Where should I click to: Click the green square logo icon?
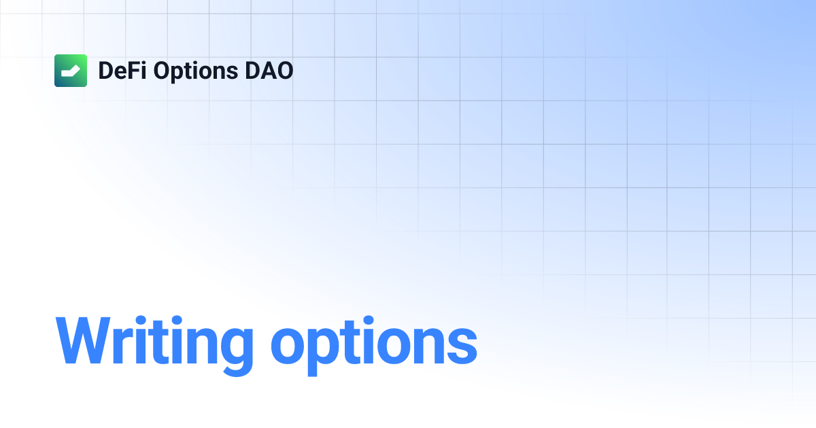click(x=71, y=71)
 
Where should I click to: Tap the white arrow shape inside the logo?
click(x=71, y=70)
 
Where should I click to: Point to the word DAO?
click(x=268, y=71)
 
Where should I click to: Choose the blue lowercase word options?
click(x=373, y=343)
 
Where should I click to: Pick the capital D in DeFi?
click(x=106, y=71)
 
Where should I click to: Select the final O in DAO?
click(x=284, y=71)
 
